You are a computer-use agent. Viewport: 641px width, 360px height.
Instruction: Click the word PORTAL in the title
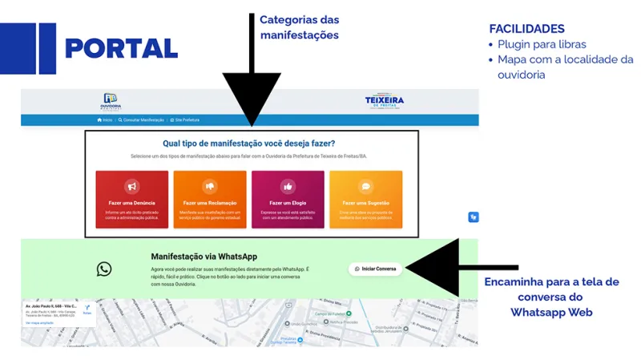point(121,48)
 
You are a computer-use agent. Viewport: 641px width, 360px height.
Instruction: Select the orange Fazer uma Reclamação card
point(209,199)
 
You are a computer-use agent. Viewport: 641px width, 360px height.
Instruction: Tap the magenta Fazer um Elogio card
point(288,199)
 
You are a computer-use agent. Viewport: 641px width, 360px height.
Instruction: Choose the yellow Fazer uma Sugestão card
point(366,199)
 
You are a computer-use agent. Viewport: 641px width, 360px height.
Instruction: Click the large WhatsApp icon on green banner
point(104,269)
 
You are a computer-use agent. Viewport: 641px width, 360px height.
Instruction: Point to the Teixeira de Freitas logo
point(385,101)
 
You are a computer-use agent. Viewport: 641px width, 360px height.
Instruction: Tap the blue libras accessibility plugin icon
point(474,216)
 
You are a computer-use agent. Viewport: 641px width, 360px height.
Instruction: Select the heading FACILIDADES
point(526,29)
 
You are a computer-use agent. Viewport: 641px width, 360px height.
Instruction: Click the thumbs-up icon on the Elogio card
point(288,187)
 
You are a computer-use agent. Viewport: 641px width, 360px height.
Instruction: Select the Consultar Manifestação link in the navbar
point(142,120)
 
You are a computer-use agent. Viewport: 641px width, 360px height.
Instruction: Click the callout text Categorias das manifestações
point(298,26)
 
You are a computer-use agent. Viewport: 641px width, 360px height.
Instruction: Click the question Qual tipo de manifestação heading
point(248,144)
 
